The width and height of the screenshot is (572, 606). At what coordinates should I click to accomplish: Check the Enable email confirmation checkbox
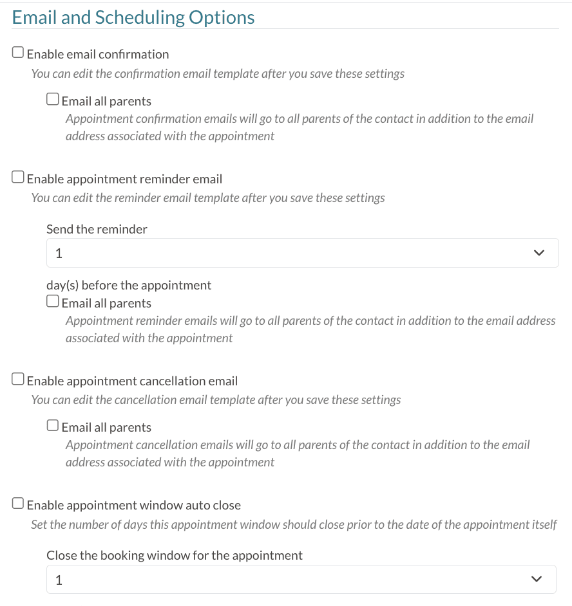pos(19,53)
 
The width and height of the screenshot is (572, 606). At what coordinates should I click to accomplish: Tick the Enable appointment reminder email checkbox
pos(19,178)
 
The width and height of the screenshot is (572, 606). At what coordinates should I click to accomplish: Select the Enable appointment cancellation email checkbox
pos(19,380)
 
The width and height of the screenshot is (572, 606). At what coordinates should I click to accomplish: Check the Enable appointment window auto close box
pos(19,504)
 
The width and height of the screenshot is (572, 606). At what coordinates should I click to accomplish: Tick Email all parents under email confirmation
pos(53,100)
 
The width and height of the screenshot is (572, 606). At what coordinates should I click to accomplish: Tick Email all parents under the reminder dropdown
pos(53,302)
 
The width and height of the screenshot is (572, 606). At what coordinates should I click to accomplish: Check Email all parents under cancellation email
pos(53,426)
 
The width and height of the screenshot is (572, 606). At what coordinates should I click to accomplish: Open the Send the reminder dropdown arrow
pos(539,253)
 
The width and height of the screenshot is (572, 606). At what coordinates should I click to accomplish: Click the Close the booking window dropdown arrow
pos(537,580)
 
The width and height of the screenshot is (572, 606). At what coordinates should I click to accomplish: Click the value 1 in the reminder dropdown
pos(59,253)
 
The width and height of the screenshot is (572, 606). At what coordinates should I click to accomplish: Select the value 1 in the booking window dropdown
pos(59,580)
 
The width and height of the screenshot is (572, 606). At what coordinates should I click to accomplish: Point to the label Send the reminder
pos(97,229)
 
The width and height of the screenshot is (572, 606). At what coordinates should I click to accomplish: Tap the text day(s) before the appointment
pos(129,285)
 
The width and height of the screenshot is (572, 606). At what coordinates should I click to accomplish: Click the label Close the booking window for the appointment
pos(174,555)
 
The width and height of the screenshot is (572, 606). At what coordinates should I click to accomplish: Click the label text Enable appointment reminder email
pos(124,179)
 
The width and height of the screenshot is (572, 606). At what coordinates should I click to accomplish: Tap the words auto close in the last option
pos(217,506)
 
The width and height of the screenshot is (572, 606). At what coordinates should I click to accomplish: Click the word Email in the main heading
pos(34,17)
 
